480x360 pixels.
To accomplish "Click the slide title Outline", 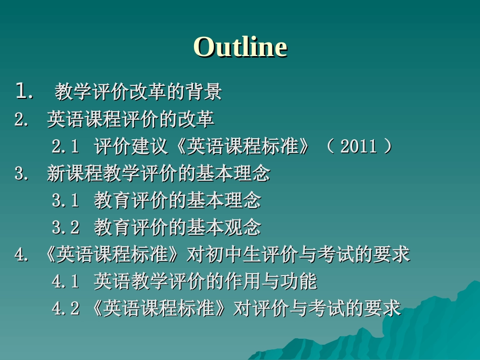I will point(240,47).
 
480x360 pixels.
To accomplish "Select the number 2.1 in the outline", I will point(66,147).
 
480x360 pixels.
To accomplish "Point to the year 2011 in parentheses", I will point(359,147).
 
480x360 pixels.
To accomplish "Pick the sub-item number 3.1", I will point(66,201).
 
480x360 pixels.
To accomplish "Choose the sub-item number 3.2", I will point(66,228).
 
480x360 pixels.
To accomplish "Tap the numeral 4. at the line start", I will point(21,255).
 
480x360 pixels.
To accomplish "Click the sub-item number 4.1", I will point(66,282).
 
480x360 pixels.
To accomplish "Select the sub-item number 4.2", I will point(66,308).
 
